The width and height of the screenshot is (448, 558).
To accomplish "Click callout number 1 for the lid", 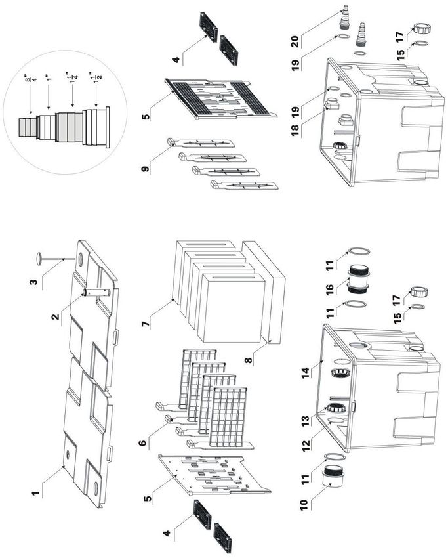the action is point(35,494).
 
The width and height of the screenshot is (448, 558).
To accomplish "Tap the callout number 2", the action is point(55,316).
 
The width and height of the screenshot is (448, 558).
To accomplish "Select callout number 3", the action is point(33,282).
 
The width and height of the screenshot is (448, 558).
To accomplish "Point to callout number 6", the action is point(142,443).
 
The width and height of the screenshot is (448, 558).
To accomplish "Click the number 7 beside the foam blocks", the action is point(146,324).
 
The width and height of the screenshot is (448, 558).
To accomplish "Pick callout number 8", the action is point(249,360).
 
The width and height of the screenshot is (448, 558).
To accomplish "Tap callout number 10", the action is point(303,505).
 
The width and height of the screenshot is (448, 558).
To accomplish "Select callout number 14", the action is point(306,374).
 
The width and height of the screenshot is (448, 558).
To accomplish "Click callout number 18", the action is point(295,131).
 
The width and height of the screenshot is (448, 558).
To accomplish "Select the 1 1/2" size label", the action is point(96,75).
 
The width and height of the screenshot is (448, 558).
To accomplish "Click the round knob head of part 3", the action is point(39,259).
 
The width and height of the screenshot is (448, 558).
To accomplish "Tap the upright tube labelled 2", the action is point(96,292).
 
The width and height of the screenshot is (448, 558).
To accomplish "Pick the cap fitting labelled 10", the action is point(331,480).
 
